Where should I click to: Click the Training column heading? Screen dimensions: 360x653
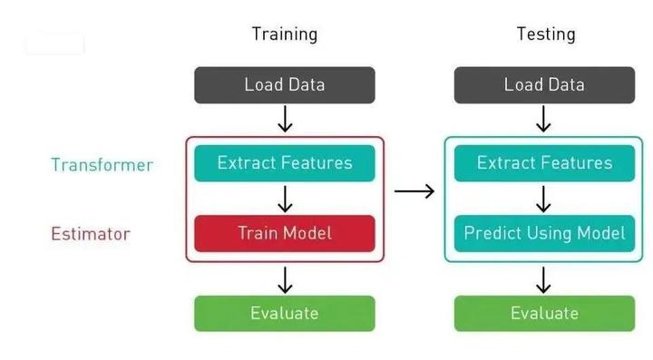tap(284, 34)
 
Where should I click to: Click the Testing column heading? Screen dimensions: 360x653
tap(545, 34)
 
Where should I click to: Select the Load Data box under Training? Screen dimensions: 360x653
tap(284, 85)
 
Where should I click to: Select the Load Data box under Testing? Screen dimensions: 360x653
tap(544, 85)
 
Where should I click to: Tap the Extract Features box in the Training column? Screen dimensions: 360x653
tap(284, 163)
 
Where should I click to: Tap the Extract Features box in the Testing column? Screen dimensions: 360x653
tap(544, 163)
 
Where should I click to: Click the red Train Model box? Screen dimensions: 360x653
tap(284, 233)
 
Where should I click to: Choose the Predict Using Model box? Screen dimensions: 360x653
tap(544, 233)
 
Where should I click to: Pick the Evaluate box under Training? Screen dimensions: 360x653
tap(284, 313)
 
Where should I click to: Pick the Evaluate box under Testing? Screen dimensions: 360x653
tap(544, 313)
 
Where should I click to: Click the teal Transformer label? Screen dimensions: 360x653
tap(102, 165)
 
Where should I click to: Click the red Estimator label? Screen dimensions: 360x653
tap(91, 234)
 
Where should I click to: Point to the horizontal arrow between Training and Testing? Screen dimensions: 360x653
tap(414, 191)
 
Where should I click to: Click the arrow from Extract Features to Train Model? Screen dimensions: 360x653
tap(284, 199)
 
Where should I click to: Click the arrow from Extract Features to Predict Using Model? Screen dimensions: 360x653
tap(544, 199)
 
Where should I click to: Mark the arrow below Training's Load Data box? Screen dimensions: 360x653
tap(284, 119)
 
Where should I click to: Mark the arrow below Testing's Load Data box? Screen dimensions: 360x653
tap(544, 119)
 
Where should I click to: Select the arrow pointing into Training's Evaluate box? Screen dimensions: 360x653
tap(284, 279)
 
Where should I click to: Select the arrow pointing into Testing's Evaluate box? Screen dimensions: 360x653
tap(544, 279)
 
